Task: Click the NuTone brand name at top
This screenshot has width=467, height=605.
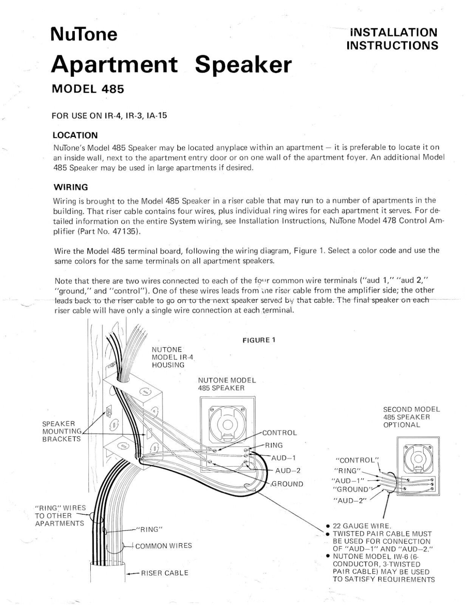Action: pyautogui.click(x=84, y=35)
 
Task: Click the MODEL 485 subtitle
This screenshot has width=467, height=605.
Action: pyautogui.click(x=87, y=89)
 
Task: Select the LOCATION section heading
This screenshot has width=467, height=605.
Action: pyautogui.click(x=75, y=135)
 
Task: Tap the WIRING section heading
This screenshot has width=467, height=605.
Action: pyautogui.click(x=71, y=187)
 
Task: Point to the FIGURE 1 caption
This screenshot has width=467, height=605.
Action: pyautogui.click(x=259, y=340)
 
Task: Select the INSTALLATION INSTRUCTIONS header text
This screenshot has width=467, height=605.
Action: pyautogui.click(x=392, y=39)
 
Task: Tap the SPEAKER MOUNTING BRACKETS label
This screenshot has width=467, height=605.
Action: pyautogui.click(x=62, y=431)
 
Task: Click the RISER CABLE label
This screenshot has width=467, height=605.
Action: pyautogui.click(x=164, y=573)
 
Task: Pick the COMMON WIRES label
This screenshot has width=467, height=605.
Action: pyautogui.click(x=164, y=546)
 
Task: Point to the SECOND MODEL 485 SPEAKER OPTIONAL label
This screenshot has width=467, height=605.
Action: pyautogui.click(x=411, y=417)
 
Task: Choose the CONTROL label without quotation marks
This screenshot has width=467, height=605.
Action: pyautogui.click(x=280, y=433)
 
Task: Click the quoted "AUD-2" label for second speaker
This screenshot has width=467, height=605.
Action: pyautogui.click(x=349, y=501)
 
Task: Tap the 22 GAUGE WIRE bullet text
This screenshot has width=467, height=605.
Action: pyautogui.click(x=362, y=526)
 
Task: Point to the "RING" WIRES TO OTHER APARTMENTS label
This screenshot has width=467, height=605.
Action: pyautogui.click(x=60, y=515)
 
